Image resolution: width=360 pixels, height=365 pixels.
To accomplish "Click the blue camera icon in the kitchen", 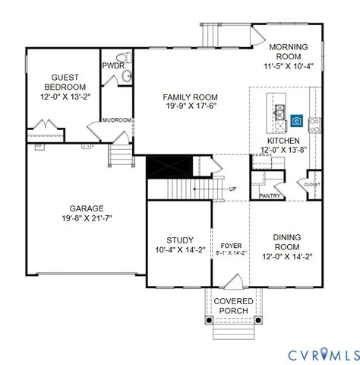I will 296,121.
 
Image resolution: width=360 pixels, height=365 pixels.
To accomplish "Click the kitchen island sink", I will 279,113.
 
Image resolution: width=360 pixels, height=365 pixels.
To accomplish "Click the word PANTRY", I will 270,195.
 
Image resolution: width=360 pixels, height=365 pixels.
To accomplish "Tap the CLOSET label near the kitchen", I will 312,184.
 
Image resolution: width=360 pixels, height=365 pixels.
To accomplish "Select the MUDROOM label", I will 118,120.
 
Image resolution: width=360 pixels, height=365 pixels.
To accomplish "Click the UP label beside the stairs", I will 232,189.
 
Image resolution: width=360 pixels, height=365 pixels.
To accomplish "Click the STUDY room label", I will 179,240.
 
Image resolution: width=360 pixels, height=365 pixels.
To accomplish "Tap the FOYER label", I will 231,245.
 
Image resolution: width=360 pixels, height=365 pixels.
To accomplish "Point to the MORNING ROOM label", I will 289,52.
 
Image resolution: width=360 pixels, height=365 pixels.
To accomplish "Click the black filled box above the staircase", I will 161,166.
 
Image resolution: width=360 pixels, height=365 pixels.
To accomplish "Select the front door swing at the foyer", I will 236,282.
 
